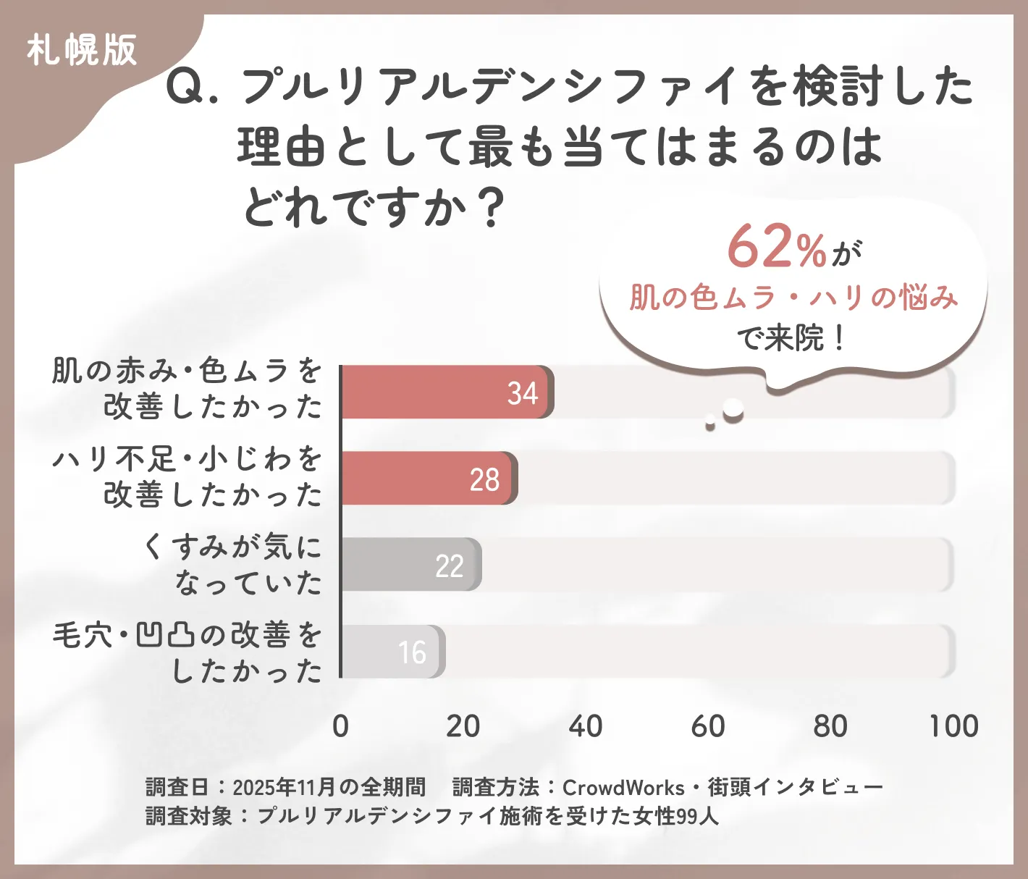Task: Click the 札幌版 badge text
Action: click(x=82, y=51)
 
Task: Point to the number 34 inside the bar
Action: click(x=522, y=393)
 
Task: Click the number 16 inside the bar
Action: click(x=412, y=652)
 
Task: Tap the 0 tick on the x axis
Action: click(x=340, y=726)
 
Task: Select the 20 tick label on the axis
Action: click(x=463, y=726)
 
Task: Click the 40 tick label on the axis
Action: click(x=585, y=726)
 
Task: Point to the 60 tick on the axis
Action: click(x=707, y=726)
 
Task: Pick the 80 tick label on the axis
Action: click(x=830, y=726)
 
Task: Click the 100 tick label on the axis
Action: click(x=953, y=726)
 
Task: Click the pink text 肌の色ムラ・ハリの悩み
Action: click(x=793, y=297)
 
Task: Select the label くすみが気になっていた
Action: click(x=232, y=564)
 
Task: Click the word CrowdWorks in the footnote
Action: click(x=623, y=787)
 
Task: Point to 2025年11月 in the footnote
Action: click(x=285, y=787)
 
